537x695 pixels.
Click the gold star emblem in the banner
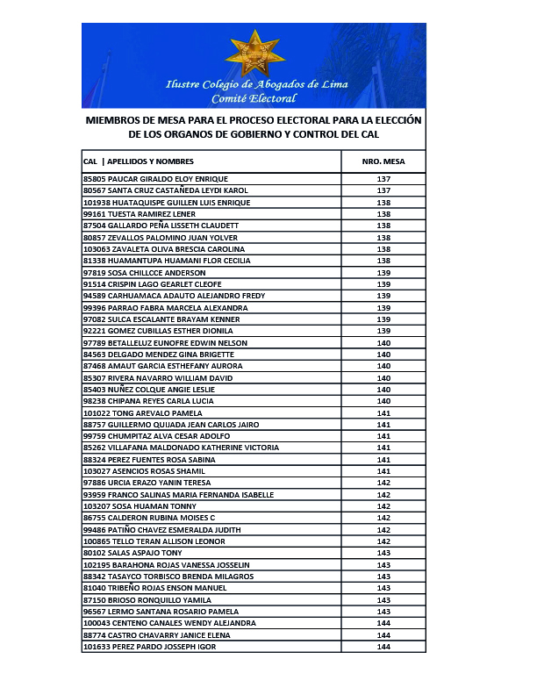254,53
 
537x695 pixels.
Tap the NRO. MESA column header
383,161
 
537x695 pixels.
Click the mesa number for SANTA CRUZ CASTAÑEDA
383,190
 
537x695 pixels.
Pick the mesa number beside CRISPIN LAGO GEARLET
383,284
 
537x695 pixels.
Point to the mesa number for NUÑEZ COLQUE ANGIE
383,390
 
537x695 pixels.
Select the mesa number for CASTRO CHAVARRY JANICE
383,635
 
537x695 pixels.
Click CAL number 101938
94,203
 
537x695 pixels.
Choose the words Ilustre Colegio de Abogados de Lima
256,85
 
